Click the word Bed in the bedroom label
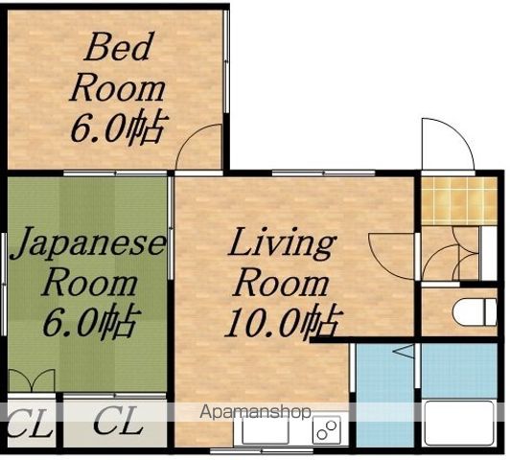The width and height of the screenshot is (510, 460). pos(118,47)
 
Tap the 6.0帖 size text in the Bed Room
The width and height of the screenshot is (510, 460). pos(120,128)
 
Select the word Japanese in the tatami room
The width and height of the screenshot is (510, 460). pos(88,243)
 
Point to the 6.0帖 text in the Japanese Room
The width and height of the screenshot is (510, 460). pos(92,320)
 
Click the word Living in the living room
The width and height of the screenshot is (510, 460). pos(282,243)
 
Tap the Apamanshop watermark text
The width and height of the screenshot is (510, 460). pos(255,412)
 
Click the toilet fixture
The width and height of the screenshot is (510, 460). pos(475,312)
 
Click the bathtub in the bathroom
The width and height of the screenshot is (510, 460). pos(459,424)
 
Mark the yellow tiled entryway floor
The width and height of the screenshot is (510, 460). pos(459,200)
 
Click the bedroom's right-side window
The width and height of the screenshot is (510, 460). pos(226,61)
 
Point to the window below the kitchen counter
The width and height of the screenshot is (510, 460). pos(262,451)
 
